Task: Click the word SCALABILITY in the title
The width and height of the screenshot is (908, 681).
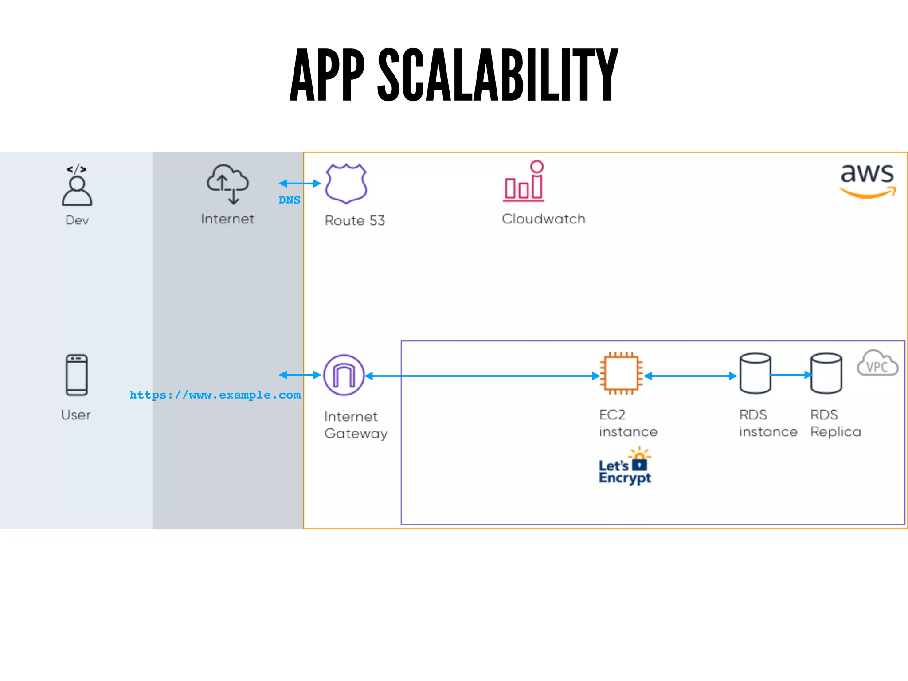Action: pyautogui.click(x=497, y=75)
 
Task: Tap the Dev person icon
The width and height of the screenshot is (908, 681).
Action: pyautogui.click(x=77, y=186)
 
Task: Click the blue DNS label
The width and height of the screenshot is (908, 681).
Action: pyautogui.click(x=289, y=200)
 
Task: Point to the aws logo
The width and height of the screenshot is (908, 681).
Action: pyautogui.click(x=867, y=180)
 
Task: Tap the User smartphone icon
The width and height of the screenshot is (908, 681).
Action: pyautogui.click(x=77, y=375)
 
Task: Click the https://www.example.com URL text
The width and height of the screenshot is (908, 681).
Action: pyautogui.click(x=215, y=395)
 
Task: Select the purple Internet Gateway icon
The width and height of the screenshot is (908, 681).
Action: pyautogui.click(x=344, y=375)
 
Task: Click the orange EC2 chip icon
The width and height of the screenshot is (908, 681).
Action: pyautogui.click(x=621, y=373)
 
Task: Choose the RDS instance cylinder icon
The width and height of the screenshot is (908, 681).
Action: pyautogui.click(x=755, y=373)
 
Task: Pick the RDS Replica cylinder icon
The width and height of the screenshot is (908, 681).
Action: pyautogui.click(x=826, y=373)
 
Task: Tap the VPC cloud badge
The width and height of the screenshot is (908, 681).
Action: pyautogui.click(x=877, y=364)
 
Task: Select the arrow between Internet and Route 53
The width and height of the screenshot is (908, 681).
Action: pyautogui.click(x=300, y=183)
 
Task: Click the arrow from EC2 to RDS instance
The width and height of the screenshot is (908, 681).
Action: pyautogui.click(x=690, y=376)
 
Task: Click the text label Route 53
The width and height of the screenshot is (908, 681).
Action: pyautogui.click(x=355, y=220)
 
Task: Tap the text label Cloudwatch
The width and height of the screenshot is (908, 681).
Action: pyautogui.click(x=543, y=219)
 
